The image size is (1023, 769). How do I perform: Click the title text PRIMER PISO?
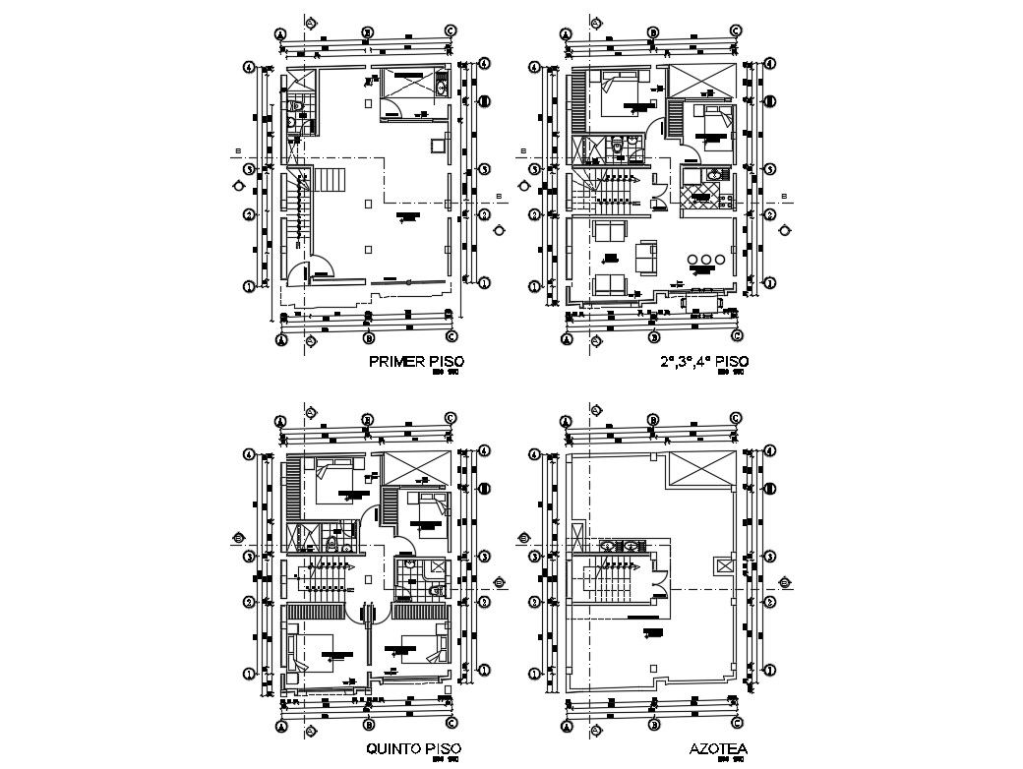[x=415, y=362]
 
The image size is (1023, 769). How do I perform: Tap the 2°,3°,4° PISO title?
[x=705, y=362]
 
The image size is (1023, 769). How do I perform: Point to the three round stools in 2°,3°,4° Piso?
[x=705, y=261]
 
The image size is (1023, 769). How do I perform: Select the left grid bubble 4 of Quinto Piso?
[x=251, y=453]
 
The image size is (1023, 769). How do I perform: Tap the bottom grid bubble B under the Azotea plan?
[x=653, y=726]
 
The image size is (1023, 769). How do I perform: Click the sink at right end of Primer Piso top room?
[x=442, y=87]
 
